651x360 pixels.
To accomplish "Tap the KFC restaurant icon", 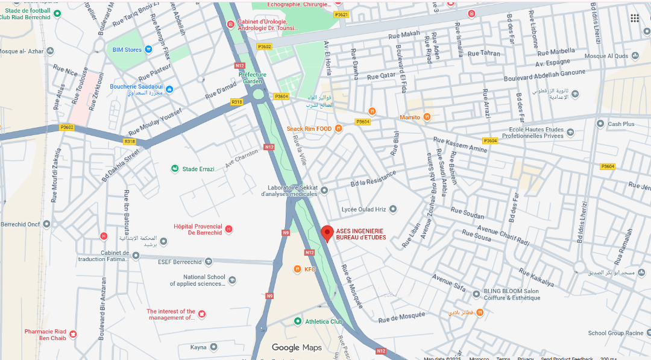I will click(x=297, y=269).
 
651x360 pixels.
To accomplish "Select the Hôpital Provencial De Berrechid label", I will click(x=198, y=229).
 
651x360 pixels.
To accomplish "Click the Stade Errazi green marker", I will click(x=175, y=169).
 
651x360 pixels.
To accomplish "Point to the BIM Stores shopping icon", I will click(x=148, y=49).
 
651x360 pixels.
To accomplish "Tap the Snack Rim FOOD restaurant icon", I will click(x=339, y=128).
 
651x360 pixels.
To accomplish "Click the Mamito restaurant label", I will click(x=410, y=117).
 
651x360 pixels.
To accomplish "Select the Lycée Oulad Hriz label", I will click(x=363, y=209).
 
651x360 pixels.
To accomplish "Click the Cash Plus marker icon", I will click(x=600, y=124).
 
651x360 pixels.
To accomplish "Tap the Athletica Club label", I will click(x=324, y=321).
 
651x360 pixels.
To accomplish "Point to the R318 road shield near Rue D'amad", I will click(x=237, y=102).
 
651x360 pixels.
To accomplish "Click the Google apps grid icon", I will click(x=635, y=18).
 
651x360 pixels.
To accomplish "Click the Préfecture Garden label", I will click(x=253, y=78).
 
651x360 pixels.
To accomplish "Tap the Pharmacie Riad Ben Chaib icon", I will click(x=73, y=334).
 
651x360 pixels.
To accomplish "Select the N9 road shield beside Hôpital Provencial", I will click(x=286, y=233).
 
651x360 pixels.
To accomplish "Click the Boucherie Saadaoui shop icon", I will click(x=169, y=90).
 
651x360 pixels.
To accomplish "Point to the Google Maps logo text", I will click(x=297, y=347).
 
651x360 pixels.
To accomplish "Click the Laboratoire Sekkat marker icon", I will click(x=324, y=191).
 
